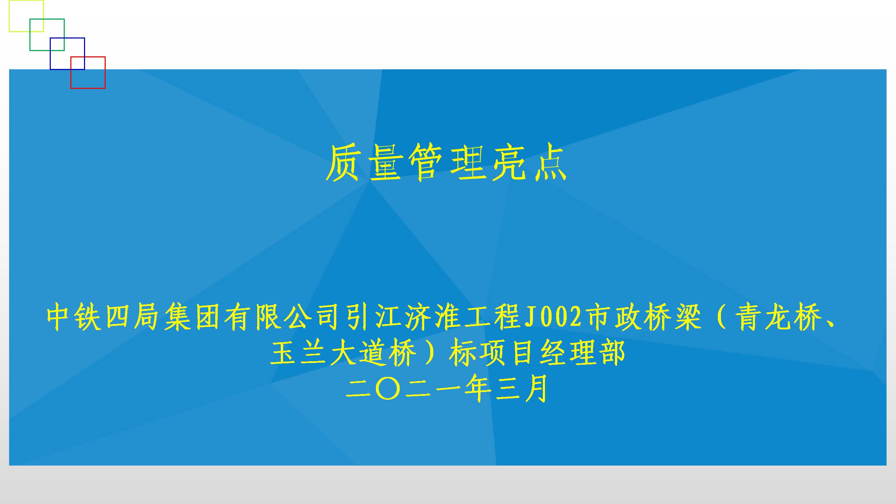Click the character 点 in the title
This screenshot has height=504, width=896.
tap(550, 163)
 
